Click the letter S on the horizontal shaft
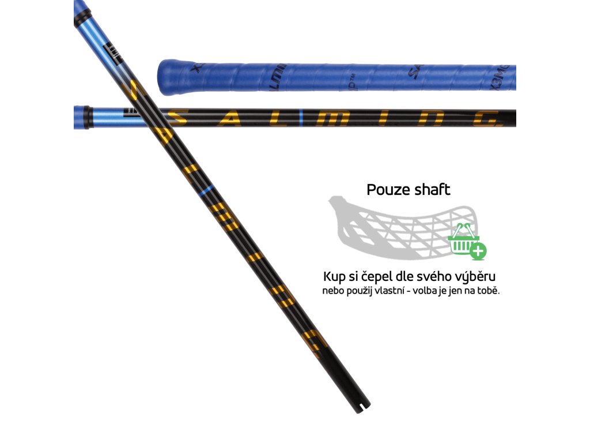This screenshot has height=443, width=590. point(178,118)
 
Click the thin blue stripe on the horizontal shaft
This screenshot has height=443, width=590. point(301,118)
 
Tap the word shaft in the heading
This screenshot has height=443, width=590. point(432,190)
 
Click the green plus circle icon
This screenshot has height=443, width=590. point(478,251)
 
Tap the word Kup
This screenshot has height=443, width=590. point(334,276)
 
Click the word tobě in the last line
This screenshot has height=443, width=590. point(487,290)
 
